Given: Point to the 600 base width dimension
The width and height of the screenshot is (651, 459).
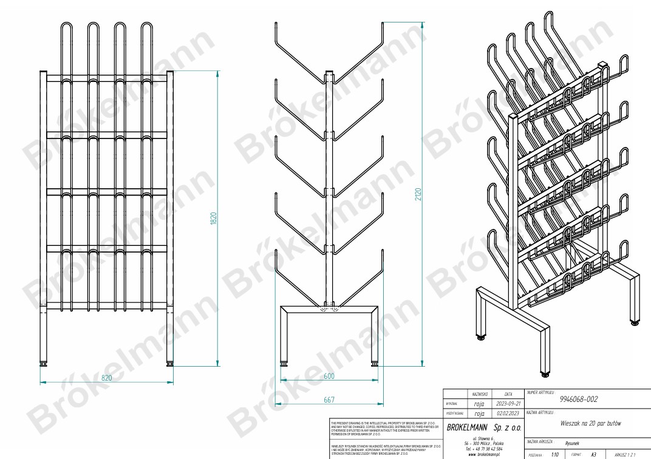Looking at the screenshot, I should [x=329, y=376].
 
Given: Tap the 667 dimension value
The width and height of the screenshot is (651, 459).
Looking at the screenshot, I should [x=329, y=399].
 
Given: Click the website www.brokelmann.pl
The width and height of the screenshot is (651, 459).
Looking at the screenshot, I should [x=484, y=454].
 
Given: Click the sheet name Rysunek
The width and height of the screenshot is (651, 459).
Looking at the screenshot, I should [x=572, y=443].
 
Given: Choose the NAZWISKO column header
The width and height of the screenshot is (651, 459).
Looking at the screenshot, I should [x=478, y=393].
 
